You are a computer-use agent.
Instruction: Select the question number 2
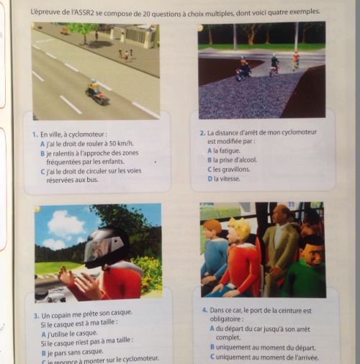(x=202, y=133)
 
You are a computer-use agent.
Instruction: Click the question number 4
(x=204, y=310)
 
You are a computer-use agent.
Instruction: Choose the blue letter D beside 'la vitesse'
(x=210, y=179)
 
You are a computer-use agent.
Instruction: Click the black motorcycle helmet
(x=106, y=247)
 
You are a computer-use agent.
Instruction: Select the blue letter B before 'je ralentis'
(x=42, y=153)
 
